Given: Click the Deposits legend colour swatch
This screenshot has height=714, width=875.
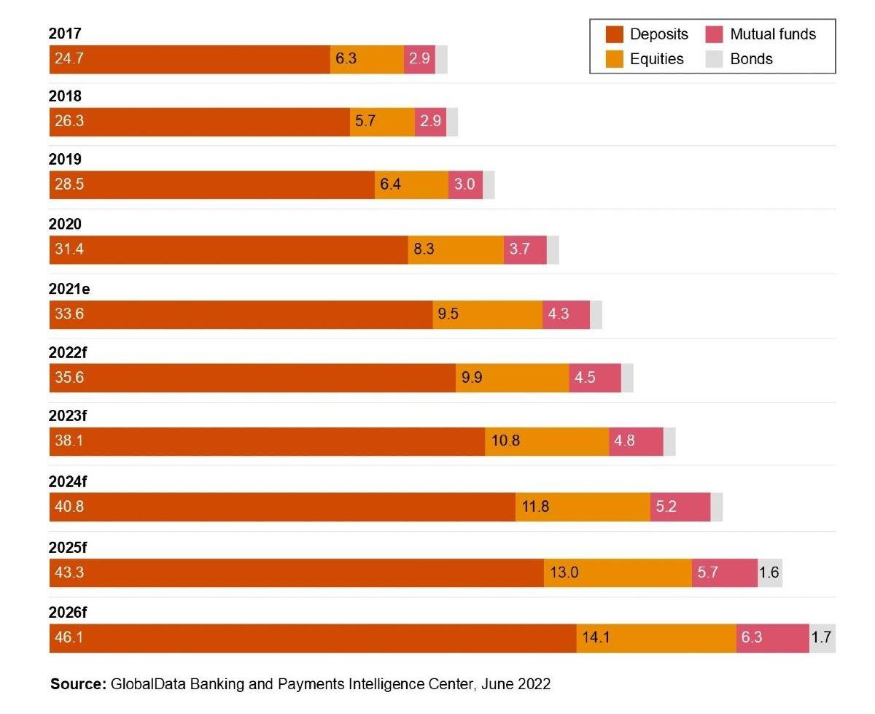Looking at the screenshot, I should pyautogui.click(x=614, y=34).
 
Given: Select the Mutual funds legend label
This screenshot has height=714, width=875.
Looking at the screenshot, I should pyautogui.click(x=772, y=34).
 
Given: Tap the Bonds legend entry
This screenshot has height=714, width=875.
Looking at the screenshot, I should pyautogui.click(x=751, y=59).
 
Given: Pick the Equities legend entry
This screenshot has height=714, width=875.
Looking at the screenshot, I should pyautogui.click(x=656, y=59).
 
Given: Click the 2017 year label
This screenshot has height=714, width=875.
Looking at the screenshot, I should pyautogui.click(x=65, y=34).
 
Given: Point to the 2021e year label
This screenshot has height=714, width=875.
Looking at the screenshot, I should pyautogui.click(x=69, y=289).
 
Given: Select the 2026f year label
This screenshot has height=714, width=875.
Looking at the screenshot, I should pyautogui.click(x=69, y=612).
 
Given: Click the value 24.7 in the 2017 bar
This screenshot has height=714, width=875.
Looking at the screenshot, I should pyautogui.click(x=69, y=59).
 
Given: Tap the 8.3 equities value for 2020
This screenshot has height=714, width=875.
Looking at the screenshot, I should pyautogui.click(x=424, y=249).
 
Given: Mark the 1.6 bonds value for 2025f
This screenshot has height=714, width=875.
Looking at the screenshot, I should pyautogui.click(x=769, y=573).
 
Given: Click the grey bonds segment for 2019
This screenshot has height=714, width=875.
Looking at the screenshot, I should pyautogui.click(x=489, y=185).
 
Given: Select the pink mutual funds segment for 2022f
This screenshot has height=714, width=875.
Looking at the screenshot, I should pyautogui.click(x=595, y=378).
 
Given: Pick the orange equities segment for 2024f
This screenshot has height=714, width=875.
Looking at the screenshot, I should pyautogui.click(x=583, y=507).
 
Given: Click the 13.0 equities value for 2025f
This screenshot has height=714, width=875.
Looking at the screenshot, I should pyautogui.click(x=564, y=573).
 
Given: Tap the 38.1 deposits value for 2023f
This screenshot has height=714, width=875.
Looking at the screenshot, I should pyautogui.click(x=69, y=441).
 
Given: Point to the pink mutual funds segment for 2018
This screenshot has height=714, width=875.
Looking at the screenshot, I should pyautogui.click(x=430, y=122).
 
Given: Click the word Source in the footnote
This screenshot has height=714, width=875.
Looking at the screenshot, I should pyautogui.click(x=77, y=685).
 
